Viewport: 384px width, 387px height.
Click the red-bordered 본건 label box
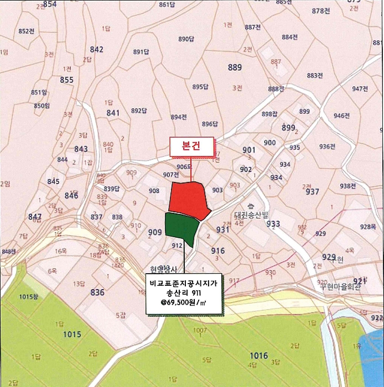(191, 146)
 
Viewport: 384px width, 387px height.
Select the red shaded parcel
(188, 199)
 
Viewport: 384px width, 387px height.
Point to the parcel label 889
(235, 67)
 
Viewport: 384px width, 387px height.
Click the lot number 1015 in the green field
(72, 334)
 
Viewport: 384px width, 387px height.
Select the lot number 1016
(258, 355)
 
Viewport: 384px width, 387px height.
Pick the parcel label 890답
(186, 39)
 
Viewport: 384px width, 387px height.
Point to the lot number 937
(313, 191)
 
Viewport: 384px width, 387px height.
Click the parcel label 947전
(360, 88)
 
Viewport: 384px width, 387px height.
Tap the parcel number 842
(96, 49)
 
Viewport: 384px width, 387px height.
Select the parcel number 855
(66, 80)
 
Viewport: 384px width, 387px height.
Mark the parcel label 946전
(342, 116)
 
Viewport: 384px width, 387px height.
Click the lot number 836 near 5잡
(97, 292)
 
